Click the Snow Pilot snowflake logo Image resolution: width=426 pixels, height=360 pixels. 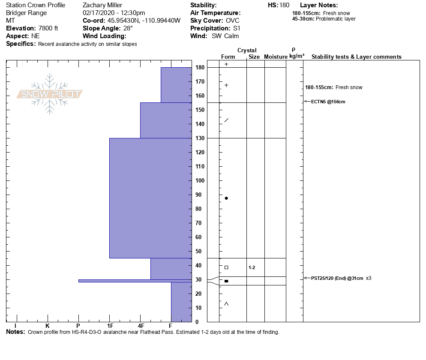click(50, 94)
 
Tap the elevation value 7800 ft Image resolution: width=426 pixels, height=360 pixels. click(48, 28)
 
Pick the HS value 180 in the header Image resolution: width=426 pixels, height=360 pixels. click(284, 5)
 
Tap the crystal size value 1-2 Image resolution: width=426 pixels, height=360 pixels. click(252, 267)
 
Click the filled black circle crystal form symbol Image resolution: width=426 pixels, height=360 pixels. click(226, 198)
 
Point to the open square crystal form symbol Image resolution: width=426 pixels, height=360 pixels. click(226, 267)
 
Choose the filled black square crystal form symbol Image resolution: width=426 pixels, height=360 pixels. click(226, 281)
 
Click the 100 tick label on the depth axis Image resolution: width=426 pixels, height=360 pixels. click(200, 180)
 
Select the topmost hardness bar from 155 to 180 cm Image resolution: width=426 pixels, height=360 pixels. click(176, 85)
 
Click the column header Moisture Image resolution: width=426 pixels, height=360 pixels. click(276, 57)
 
